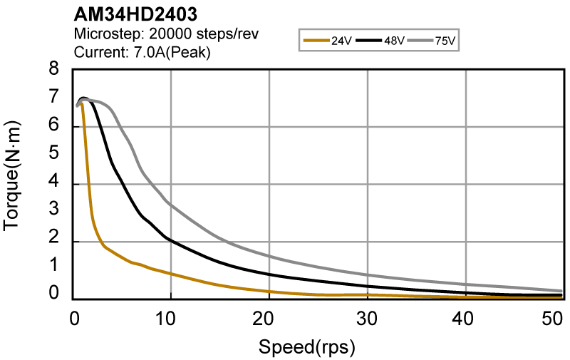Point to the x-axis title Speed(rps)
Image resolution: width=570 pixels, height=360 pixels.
[306, 349]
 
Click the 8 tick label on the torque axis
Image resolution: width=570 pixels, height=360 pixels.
[53, 70]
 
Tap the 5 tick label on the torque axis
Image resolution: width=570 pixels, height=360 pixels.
[53, 154]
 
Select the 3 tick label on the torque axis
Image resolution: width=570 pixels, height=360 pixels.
[53, 211]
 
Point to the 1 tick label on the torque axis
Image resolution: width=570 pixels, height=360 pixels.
[53, 268]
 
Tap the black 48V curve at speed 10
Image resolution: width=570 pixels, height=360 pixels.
[170, 239]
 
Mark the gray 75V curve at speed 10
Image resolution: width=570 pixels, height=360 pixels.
[170, 204]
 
